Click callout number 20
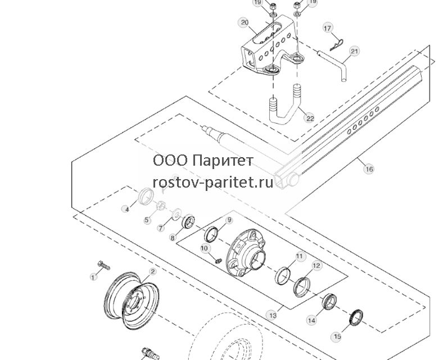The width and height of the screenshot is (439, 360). pyautogui.click(x=245, y=22)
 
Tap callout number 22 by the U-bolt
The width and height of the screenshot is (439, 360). pyautogui.click(x=310, y=119)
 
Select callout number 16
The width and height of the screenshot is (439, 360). pyautogui.click(x=369, y=169)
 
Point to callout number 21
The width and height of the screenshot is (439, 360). pyautogui.click(x=355, y=51)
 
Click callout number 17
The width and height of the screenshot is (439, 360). pyautogui.click(x=328, y=28)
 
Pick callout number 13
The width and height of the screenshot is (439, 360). pyautogui.click(x=273, y=315)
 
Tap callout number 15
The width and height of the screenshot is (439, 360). pyautogui.click(x=337, y=336)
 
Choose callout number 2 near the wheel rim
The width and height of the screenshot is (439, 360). pyautogui.click(x=152, y=271)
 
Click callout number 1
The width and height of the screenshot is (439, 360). pyautogui.click(x=93, y=277)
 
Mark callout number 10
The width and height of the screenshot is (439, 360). pyautogui.click(x=205, y=248)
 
